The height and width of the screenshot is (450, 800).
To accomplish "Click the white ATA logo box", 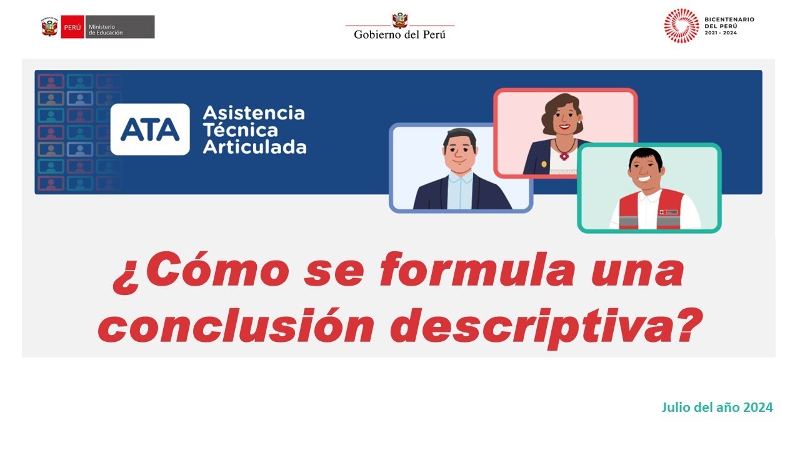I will click(x=150, y=129).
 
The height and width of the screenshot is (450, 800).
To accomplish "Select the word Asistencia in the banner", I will click(x=254, y=114).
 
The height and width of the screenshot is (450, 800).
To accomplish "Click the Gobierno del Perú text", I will click(x=400, y=34).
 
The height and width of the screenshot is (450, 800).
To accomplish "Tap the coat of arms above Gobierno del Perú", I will click(x=399, y=19).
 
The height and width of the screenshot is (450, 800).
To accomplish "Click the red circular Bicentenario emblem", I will click(x=681, y=26).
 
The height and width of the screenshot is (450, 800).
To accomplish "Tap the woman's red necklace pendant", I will click(x=564, y=156).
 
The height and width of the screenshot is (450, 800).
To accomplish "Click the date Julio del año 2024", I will click(x=717, y=407).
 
